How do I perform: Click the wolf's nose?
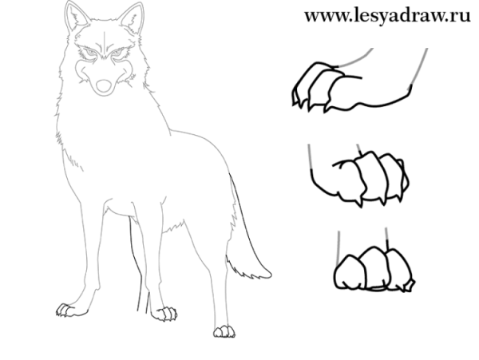pos(104,85)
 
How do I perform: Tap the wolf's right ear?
pos(132,18)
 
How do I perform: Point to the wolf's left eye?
pos(91,54)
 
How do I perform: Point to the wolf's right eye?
pos(118,54)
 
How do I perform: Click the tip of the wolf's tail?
pos(271,274)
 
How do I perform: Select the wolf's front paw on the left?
pos(67,310)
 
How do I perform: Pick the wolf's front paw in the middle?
pos(165,314)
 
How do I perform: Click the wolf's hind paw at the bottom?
pos(224,331)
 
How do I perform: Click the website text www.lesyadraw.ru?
pos(387,16)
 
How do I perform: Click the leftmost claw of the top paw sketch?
pos(295,98)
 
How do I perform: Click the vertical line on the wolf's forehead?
pos(105,44)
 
